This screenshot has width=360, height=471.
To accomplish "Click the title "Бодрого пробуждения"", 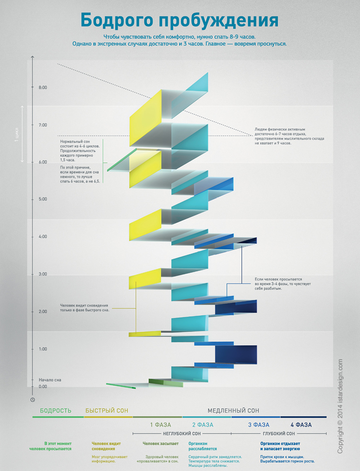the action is click(180, 21).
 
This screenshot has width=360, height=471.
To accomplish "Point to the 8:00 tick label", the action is click(43, 88).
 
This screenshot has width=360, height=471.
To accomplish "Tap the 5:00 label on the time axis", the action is click(43, 199).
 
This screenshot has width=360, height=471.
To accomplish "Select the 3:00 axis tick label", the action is click(43, 274).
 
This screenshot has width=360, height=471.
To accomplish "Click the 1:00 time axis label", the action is click(43, 349).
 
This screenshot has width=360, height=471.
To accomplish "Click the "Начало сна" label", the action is click(50, 380).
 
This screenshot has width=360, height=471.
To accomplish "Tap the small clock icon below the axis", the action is click(33, 400).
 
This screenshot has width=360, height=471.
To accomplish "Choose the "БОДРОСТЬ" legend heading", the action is click(56, 411).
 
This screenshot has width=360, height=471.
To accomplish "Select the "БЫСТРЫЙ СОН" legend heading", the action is click(106, 411).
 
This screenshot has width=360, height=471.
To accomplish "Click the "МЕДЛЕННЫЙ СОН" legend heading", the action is click(233, 411).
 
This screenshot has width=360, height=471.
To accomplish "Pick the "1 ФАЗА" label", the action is click(161, 425).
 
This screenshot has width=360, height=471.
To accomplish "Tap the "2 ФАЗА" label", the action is click(203, 425).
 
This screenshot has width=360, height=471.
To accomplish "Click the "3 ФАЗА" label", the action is click(259, 425).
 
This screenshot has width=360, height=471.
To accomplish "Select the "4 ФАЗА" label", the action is click(301, 425).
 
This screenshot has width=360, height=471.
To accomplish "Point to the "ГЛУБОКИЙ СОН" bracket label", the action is click(279, 434).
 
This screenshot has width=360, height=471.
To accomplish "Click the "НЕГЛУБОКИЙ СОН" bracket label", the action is click(182, 434).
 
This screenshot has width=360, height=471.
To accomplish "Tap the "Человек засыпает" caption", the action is click(161, 443).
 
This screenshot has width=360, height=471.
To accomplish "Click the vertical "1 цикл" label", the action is click(17, 134).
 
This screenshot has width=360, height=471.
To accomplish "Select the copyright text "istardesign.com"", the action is click(340, 380).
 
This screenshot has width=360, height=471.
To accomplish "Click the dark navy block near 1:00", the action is click(236, 355).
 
